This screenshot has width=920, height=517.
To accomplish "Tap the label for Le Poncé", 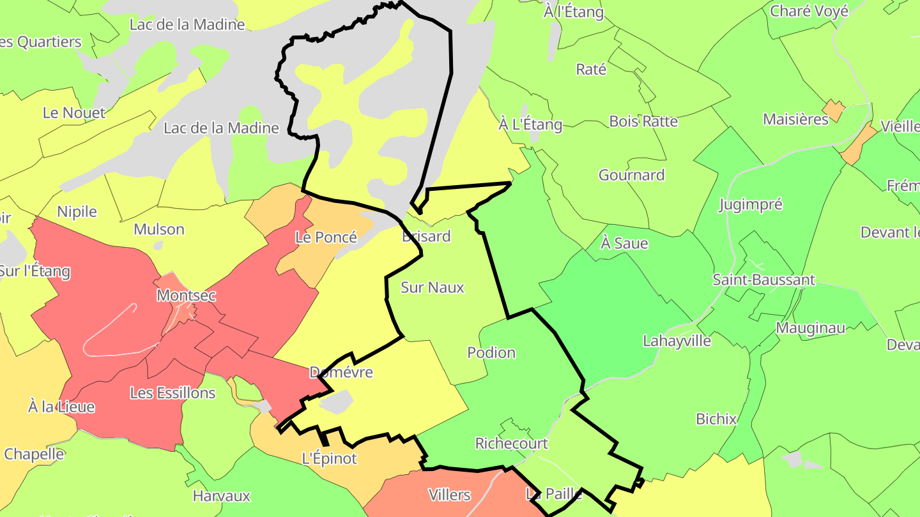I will tap(326, 237).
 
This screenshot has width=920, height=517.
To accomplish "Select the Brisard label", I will tap(426, 236).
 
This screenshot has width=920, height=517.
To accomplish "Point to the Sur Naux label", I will tap(432, 287).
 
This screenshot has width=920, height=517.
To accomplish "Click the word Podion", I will tap(491, 352).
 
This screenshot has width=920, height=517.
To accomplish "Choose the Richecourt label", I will tap(511, 443).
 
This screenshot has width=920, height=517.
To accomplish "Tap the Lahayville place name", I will tap(677, 340).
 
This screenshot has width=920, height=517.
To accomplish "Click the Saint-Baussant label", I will tap(763, 280).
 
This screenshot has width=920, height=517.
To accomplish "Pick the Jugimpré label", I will tap(750, 204).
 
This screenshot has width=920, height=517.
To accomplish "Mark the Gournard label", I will tap(631, 175).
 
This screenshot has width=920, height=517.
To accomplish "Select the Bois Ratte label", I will tap(643, 121).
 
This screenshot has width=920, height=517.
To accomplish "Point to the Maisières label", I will tap(795, 119).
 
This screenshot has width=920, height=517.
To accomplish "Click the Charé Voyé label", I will tap(809, 11).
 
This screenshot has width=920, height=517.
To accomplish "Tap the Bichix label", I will tap(716, 419).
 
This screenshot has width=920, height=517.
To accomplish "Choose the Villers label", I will tap(449, 495).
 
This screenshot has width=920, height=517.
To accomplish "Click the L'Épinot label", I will tap(329, 458).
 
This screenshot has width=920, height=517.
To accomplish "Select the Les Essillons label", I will tap(172, 393).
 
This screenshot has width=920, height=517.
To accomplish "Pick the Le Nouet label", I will tap(74, 113).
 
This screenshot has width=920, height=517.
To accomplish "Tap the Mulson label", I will tap(158, 229).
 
